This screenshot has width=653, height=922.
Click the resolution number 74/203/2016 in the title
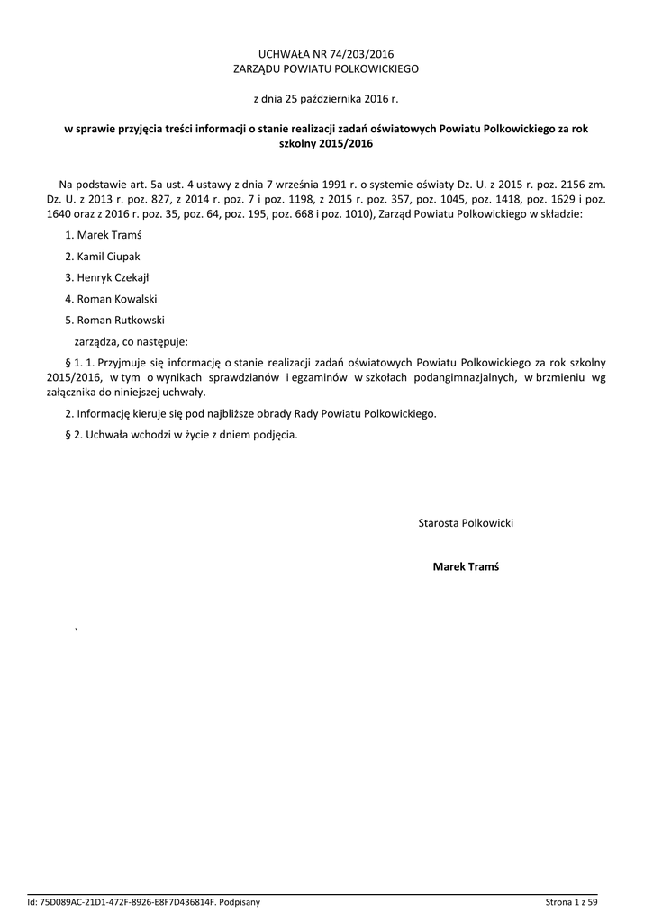(x=358, y=54)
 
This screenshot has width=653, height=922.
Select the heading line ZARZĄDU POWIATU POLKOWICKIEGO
(x=326, y=68)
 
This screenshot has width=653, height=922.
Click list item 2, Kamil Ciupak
(x=103, y=257)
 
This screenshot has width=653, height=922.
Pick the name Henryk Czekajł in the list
(x=106, y=277)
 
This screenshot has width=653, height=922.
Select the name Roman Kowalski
(x=110, y=299)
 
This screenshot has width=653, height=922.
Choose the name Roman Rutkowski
(x=113, y=320)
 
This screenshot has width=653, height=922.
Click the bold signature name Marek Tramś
(x=466, y=566)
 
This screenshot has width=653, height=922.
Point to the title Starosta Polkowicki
(x=466, y=523)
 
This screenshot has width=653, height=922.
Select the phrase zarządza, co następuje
(x=131, y=341)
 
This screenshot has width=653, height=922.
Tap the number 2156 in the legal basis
(x=567, y=185)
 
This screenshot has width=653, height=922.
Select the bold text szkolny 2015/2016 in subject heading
(x=326, y=144)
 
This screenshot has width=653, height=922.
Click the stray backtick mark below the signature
(x=77, y=630)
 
